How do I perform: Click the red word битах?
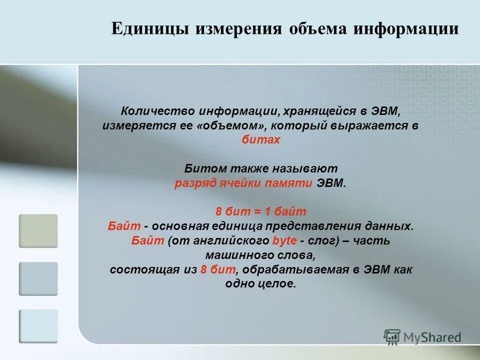[x=261, y=140]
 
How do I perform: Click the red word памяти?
[x=292, y=183]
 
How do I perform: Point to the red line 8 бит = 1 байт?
[x=260, y=211]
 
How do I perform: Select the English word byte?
[x=284, y=240]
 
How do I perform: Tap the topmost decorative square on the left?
[x=38, y=231]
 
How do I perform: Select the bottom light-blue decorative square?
[x=38, y=326]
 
